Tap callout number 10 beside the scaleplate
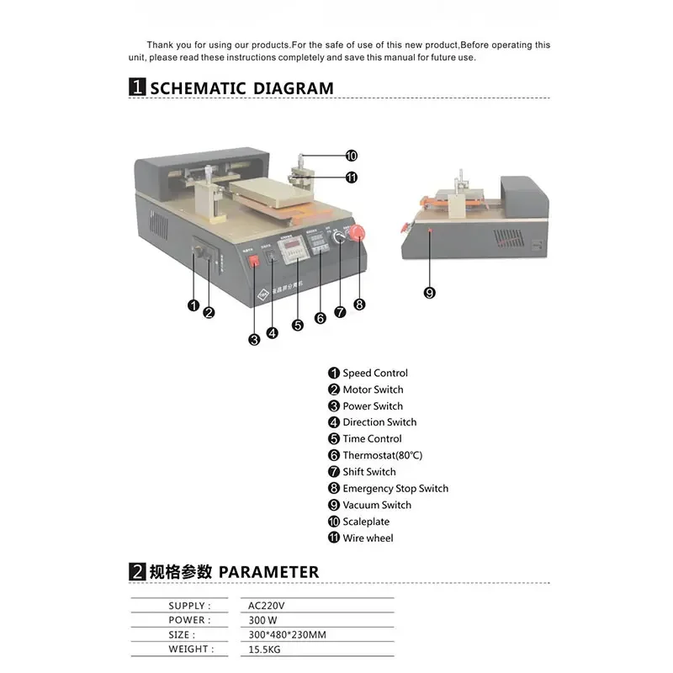(x=352, y=155)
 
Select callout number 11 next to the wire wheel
(x=352, y=177)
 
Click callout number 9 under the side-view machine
(x=429, y=293)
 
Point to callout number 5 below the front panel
(x=297, y=325)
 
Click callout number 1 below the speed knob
(x=193, y=305)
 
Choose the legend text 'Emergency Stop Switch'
(x=395, y=489)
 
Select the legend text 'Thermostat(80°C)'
(x=382, y=455)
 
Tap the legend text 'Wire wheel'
(x=368, y=538)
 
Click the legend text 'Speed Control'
(x=375, y=374)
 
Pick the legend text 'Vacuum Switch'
(x=377, y=506)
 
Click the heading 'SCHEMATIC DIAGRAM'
(x=241, y=88)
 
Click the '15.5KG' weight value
(x=264, y=649)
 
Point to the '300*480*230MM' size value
(x=287, y=635)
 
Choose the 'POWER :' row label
(x=187, y=620)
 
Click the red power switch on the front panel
(x=255, y=262)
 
